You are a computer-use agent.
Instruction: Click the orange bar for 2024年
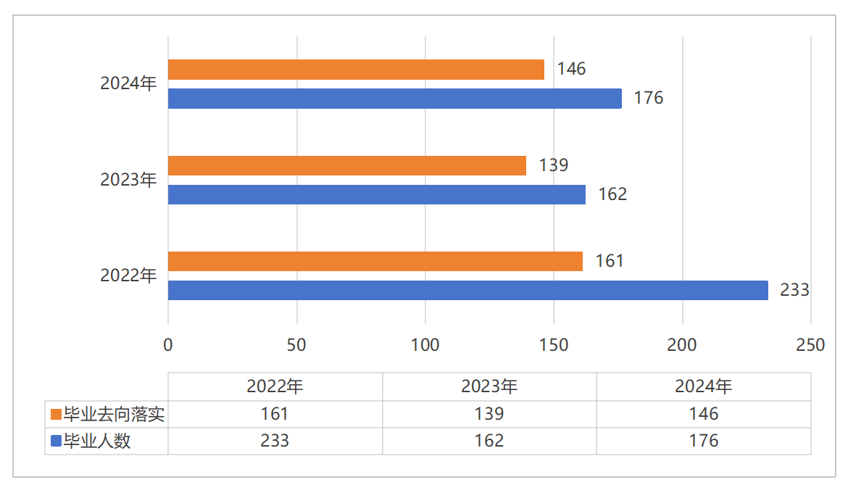[356, 70]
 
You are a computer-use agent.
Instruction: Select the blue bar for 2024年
[395, 99]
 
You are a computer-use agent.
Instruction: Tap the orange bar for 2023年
[347, 165]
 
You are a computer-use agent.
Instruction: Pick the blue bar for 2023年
[377, 194]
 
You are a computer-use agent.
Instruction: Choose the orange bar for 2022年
[375, 261]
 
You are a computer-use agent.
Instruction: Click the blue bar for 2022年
[468, 290]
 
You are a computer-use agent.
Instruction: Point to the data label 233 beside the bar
[794, 290]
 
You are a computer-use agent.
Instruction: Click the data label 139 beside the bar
[554, 165]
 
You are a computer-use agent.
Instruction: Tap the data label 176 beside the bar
[649, 98]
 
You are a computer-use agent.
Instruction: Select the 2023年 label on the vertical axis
[128, 179]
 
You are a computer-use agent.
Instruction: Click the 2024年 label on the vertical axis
[128, 83]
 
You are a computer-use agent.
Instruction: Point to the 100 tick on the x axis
[425, 345]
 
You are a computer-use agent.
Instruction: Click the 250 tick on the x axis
[810, 345]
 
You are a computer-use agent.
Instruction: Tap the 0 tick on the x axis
[168, 345]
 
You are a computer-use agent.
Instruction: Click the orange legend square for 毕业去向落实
[56, 415]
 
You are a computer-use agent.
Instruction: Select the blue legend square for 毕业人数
[56, 441]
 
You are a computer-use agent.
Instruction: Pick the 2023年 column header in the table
[489, 386]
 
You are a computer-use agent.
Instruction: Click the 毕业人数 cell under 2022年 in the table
[275, 441]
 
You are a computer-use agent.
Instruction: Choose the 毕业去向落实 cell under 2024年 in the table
[703, 414]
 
